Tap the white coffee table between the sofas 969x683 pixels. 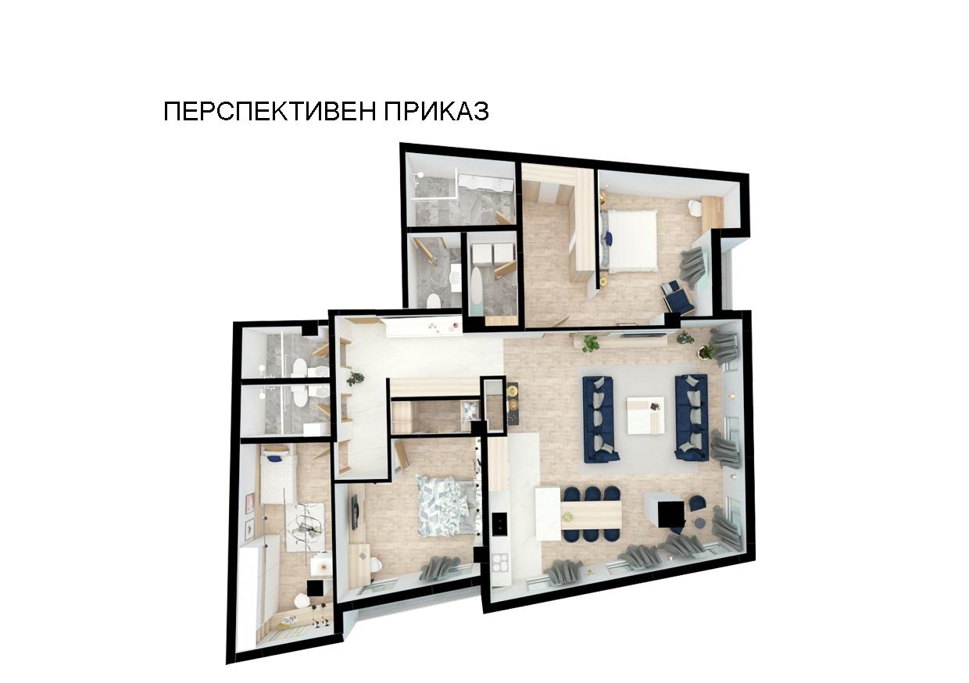[645, 415]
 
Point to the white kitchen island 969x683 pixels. [548, 513]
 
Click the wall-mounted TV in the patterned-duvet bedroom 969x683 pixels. [355, 513]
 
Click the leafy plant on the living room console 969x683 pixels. [590, 343]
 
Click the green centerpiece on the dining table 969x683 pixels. [568, 515]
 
